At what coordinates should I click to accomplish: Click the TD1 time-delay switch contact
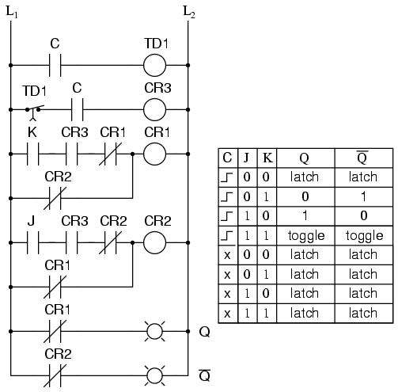pyautogui.click(x=34, y=112)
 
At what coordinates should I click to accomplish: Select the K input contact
pyautogui.click(x=33, y=154)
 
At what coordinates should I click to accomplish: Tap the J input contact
pyautogui.click(x=33, y=242)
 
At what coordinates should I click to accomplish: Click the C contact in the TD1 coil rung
pyautogui.click(x=55, y=65)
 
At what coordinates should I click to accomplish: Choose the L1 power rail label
pyautogui.click(x=12, y=12)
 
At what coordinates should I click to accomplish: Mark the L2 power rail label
pyautogui.click(x=189, y=12)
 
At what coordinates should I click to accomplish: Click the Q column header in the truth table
pyautogui.click(x=305, y=158)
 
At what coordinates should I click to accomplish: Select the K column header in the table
pyautogui.click(x=267, y=158)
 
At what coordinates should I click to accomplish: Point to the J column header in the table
pyautogui.click(x=247, y=158)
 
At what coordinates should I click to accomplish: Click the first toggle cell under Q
pyautogui.click(x=306, y=236)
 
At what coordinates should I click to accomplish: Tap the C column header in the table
pyautogui.click(x=227, y=158)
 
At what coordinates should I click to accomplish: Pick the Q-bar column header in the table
pyautogui.click(x=363, y=158)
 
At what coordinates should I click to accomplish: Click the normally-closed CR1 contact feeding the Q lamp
pyautogui.click(x=55, y=331)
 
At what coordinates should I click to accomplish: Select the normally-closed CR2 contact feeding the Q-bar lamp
pyautogui.click(x=55, y=375)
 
